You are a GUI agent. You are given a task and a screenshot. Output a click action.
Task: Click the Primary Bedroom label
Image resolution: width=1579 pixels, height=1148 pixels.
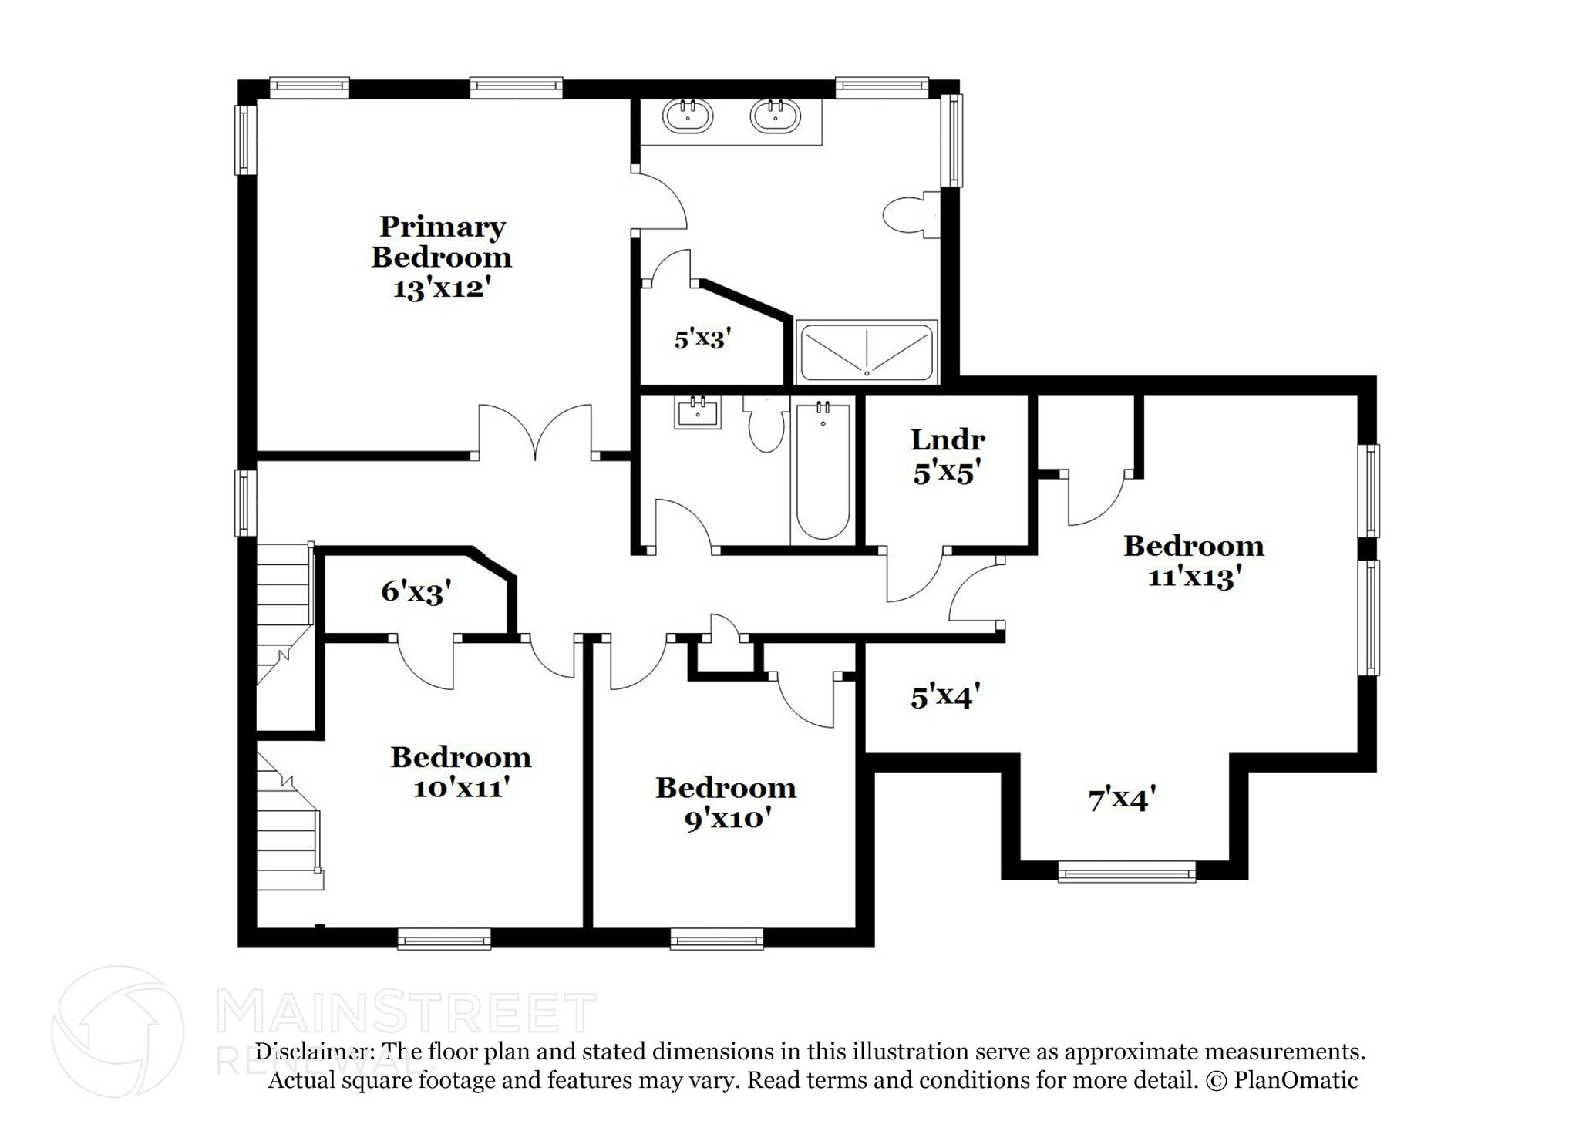pos(442,241)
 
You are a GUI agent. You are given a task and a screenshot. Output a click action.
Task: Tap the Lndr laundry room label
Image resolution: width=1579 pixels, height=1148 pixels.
pos(948,440)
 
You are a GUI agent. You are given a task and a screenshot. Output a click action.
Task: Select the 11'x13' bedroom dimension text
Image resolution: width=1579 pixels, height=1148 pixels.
pos(1194,577)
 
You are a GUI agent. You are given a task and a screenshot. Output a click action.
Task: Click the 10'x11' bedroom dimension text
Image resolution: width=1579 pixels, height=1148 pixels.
pos(461,789)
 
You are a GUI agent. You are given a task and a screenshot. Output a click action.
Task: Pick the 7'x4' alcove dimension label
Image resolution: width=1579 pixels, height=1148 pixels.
pos(1122,800)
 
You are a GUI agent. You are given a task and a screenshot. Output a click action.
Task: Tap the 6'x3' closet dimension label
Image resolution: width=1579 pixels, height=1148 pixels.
pos(416,591)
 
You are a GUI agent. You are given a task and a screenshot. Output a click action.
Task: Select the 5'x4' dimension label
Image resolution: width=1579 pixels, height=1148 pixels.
pos(945,697)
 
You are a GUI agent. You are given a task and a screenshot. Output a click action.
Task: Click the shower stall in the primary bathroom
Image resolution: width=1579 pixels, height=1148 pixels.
pos(867,352)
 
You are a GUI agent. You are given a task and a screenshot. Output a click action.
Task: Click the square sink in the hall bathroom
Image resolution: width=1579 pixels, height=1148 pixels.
pos(698,412)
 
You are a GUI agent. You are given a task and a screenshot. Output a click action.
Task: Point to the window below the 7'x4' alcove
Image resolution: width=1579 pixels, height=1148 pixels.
pos(1126,874)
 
